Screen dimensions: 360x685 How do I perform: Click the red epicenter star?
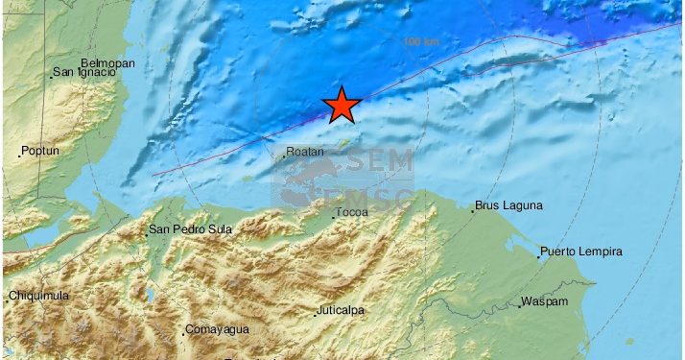[341, 106]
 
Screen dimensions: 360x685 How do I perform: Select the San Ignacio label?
[85, 71]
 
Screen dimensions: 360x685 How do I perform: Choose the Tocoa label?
[351, 211]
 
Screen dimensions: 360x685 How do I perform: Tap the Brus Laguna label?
[508, 205]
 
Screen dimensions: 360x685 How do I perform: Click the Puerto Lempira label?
[581, 252]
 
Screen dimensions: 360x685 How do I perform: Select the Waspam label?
[545, 302]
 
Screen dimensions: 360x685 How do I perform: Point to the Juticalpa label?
[344, 311]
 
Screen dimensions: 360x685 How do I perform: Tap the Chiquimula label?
[39, 296]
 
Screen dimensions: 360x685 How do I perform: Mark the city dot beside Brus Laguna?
[472, 210]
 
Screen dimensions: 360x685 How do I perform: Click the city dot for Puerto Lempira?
[537, 256]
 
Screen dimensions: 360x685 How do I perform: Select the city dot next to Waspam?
[519, 307]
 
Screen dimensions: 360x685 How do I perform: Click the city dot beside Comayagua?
[183, 334]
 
